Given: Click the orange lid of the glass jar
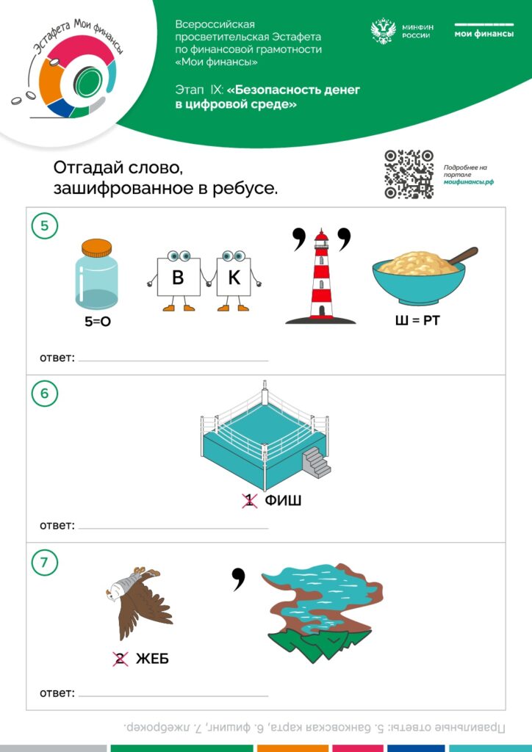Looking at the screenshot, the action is point(96,247).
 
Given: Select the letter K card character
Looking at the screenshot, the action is point(234,279).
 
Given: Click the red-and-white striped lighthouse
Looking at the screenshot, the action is point(320,276).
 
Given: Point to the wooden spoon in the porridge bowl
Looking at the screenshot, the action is point(462,255).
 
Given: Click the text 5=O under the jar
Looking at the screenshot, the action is point(98,322).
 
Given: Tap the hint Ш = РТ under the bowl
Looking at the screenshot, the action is point(417,319).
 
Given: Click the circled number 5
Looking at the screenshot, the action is point(45,225).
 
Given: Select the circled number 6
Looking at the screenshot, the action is point(45,394).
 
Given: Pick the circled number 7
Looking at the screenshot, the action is point(45,562).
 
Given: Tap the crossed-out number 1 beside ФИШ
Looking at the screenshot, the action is point(249,501).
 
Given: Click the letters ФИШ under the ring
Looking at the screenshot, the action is point(283,501).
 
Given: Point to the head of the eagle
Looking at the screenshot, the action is point(112,594).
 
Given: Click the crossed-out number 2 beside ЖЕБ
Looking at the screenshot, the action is point(120,659).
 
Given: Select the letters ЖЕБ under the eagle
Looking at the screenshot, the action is point(152,659).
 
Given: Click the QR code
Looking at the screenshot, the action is point(409,174).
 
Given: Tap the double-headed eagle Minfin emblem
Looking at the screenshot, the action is point(384,31).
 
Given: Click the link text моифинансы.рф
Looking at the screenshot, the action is point(468,182).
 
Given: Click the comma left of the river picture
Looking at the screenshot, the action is point(238,579).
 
